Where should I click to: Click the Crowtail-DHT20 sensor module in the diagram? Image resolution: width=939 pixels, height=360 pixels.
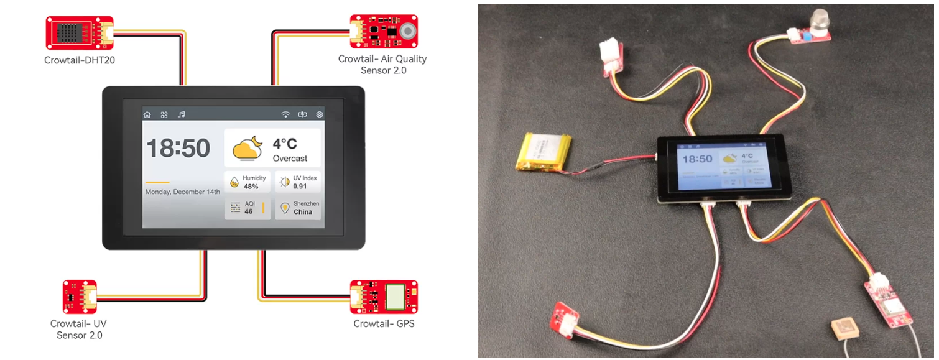pos(80,33)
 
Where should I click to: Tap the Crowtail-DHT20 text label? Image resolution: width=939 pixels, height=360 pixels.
pos(80,60)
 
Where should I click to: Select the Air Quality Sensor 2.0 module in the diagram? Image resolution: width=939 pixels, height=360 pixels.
pos(383,31)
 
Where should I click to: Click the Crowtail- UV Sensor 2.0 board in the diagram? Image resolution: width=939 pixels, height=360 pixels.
pos(80,297)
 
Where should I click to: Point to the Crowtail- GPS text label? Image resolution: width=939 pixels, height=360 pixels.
pos(384,323)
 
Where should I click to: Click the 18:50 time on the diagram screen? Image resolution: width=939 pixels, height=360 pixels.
pos(178,149)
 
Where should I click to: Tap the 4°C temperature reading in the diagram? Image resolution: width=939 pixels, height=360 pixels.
pos(285,144)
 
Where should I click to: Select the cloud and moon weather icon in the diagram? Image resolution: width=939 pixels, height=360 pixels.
pos(247,147)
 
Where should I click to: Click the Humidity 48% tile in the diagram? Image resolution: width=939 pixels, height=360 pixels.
pos(247,182)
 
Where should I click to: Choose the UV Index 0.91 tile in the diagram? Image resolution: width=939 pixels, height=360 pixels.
pos(298,182)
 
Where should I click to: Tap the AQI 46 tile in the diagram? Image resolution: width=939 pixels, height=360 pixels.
pos(247,208)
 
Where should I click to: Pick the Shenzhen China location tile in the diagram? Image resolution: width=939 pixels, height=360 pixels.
pos(298,208)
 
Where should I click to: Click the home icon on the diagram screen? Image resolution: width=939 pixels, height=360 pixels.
pos(147,114)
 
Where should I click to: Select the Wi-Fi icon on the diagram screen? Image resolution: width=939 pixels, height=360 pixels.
pos(285,114)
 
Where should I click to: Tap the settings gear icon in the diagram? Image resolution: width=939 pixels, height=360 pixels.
pos(320,114)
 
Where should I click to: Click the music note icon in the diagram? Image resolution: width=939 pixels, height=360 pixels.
pos(182,114)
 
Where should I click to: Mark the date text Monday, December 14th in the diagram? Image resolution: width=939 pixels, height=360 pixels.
pos(183,192)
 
